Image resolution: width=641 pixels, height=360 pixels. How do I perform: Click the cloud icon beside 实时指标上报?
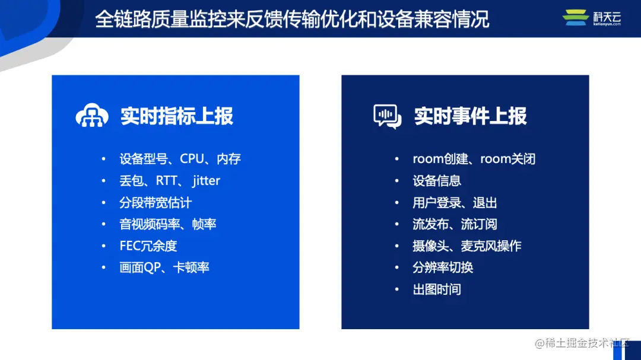(92, 116)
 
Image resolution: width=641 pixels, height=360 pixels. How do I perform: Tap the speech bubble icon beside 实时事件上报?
(387, 116)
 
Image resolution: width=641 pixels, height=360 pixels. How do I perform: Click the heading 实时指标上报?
(177, 116)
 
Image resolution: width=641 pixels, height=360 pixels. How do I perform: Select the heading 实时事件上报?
(471, 116)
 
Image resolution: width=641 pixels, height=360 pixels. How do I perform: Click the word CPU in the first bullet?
(192, 159)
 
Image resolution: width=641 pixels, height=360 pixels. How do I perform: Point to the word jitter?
(206, 181)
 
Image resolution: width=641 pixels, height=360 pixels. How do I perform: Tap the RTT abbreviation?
(167, 181)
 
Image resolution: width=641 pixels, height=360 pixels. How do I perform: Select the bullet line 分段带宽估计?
(156, 203)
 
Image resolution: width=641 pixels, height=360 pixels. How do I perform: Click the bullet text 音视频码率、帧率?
(168, 224)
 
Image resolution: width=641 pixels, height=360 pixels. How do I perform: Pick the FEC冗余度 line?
(148, 246)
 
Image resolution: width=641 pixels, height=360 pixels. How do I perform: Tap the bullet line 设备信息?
(437, 181)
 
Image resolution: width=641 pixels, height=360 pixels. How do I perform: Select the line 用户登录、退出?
(455, 203)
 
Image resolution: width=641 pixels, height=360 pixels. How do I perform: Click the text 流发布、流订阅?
(455, 224)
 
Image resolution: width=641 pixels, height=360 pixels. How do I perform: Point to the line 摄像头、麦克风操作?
(467, 246)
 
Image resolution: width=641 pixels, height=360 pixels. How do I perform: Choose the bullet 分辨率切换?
(443, 267)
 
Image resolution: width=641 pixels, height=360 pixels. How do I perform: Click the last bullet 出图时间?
(437, 289)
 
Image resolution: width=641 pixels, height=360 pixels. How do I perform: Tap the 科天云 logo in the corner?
(592, 18)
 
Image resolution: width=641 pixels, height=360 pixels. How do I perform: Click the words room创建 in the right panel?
(440, 159)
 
